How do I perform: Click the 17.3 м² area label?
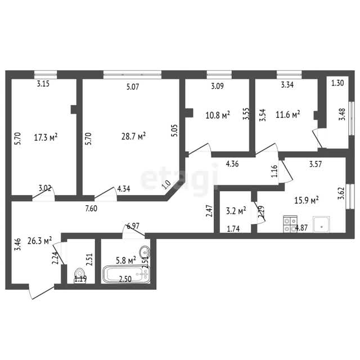(x=46, y=137)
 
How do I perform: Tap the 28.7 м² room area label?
(x=133, y=136)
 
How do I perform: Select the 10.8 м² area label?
(x=218, y=115)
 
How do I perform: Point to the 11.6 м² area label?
(x=287, y=114)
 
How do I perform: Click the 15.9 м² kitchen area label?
(x=306, y=200)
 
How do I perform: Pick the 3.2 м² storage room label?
(x=236, y=210)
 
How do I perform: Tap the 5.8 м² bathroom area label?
(x=126, y=260)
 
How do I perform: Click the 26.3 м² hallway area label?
(x=39, y=241)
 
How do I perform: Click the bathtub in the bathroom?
(x=126, y=274)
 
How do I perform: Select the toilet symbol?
(x=79, y=276)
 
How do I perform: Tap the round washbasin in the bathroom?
(x=145, y=252)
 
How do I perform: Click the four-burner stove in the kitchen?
(x=290, y=224)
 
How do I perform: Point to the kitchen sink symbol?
(x=321, y=224)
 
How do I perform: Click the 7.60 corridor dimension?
(x=91, y=208)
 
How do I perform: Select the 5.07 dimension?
(x=133, y=87)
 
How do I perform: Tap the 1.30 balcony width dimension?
(x=337, y=83)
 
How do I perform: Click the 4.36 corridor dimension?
(x=232, y=164)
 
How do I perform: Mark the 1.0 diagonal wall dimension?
(x=166, y=184)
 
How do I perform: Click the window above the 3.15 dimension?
(x=46, y=75)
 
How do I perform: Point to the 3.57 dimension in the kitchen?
(x=316, y=164)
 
